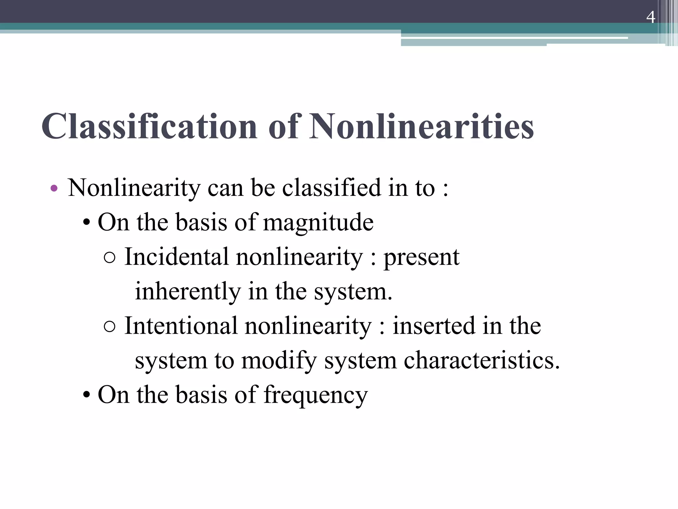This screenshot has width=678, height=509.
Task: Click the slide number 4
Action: coord(651,17)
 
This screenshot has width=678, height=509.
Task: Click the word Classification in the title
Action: coord(149,127)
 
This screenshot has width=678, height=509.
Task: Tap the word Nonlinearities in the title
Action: coord(421,127)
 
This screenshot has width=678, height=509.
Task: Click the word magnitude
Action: coord(318,222)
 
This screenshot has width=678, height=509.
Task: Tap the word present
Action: coord(421,257)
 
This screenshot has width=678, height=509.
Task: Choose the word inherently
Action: coord(188,292)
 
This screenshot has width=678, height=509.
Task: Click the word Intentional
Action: coord(181,326)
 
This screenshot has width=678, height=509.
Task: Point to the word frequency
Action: coord(315,395)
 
